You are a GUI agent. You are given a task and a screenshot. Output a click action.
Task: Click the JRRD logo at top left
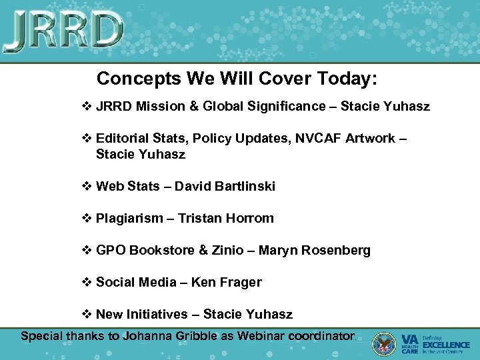(63, 31)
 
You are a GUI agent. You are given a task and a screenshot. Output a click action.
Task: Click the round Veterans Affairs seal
(384, 343)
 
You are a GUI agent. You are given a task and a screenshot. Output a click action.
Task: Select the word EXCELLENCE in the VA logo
(447, 345)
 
